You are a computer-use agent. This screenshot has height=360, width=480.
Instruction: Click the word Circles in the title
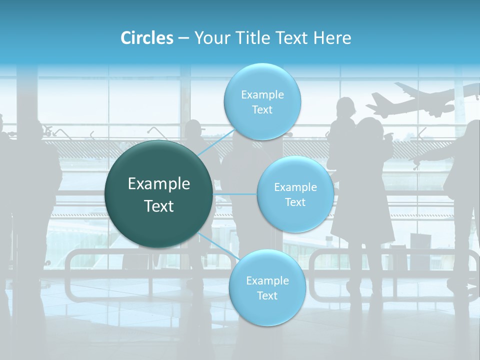point(146,38)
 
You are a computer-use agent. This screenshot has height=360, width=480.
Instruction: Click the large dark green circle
point(158,194)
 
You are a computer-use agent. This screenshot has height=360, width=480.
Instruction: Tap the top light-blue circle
point(262,101)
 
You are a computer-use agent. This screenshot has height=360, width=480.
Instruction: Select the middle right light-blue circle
point(295,194)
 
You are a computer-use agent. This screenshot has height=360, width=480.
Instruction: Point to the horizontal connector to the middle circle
point(235,194)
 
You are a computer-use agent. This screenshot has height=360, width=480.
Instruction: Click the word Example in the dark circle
point(158,184)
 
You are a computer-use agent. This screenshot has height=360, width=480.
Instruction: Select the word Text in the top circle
point(262,110)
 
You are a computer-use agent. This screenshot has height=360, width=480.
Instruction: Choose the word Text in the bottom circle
point(267,296)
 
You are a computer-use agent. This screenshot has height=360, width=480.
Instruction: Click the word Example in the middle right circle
point(295,187)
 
